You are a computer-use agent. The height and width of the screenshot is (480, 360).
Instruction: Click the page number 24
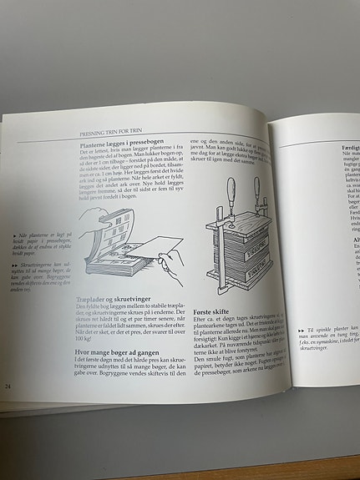[x=8, y=386]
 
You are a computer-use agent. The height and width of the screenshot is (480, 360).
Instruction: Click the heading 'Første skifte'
[x=214, y=308]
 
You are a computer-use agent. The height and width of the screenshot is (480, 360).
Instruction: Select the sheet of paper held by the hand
[x=162, y=247]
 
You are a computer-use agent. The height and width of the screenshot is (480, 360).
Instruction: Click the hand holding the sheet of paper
[x=171, y=268]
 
